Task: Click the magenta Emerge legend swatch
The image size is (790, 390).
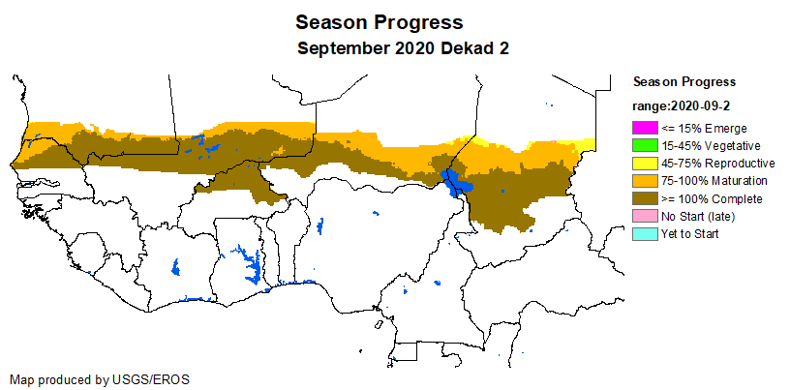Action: pos(645,128)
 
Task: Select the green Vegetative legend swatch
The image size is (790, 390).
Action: pos(645,145)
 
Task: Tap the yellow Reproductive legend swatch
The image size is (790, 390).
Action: pos(645,164)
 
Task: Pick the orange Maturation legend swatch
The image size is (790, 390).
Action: pos(645,181)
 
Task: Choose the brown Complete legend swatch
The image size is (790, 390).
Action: pos(645,198)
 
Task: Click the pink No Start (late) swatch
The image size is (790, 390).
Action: pos(645,216)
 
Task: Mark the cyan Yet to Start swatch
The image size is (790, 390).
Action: pos(645,234)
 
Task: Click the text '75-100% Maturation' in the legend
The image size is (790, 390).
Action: pos(714,181)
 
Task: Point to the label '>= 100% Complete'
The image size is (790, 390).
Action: pos(712,199)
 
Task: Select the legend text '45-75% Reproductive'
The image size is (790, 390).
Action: pos(717,164)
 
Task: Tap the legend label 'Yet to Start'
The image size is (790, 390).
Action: pos(689,234)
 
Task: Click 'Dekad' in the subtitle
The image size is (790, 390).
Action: pos(465,48)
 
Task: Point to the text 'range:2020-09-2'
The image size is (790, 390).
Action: pos(682,106)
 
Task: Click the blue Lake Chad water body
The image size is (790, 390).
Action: pos(455,183)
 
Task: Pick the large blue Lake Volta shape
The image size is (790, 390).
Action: pos(249,262)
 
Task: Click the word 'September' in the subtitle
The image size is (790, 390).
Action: pos(344,49)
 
